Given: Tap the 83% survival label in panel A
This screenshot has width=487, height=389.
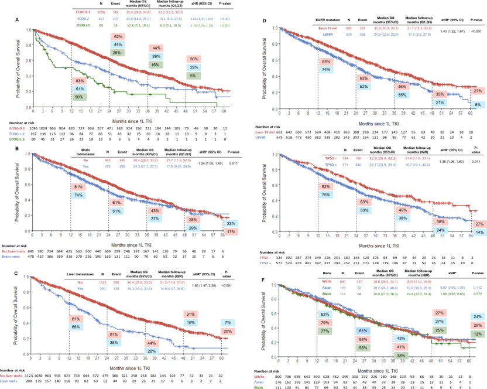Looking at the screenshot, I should pyautogui.click(x=80, y=80).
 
